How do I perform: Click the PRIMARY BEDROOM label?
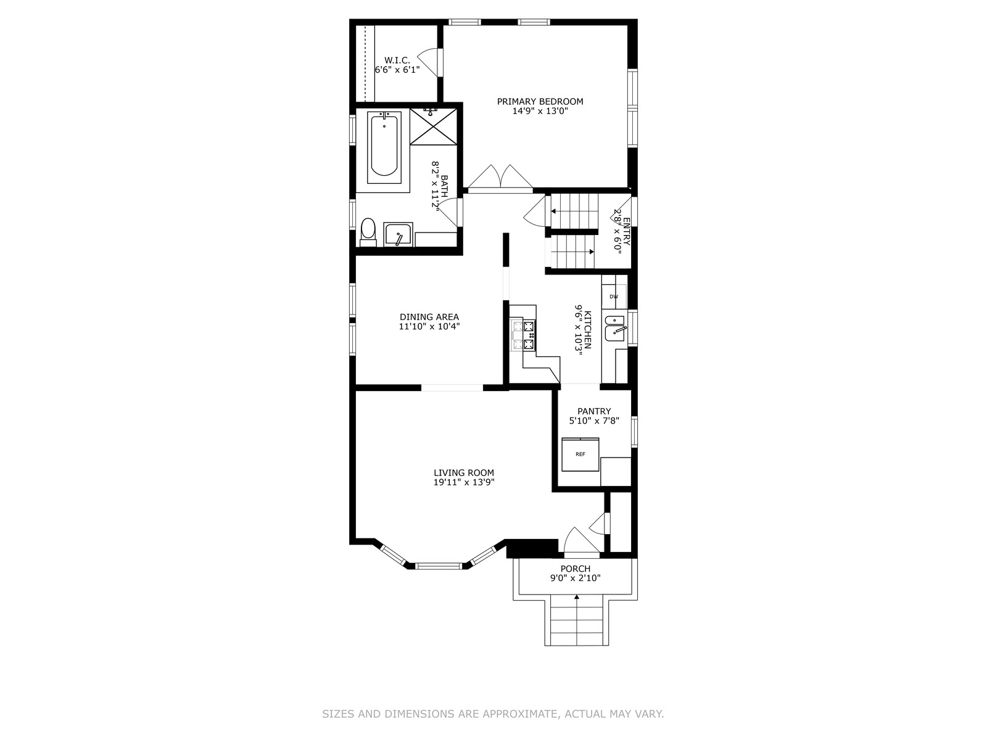coord(540,102)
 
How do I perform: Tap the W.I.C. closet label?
coord(397,60)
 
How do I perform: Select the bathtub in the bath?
coord(384,148)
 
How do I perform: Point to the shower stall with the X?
coord(434,126)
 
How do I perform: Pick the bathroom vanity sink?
coord(398,234)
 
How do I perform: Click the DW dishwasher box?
coord(614,297)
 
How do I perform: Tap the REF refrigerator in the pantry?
coord(580,454)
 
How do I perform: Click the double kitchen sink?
coord(614,328)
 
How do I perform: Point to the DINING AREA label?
coord(429,317)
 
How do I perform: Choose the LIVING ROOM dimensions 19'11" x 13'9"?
coord(464,482)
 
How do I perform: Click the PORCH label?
coord(575,569)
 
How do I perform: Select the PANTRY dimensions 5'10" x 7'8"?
coord(594,421)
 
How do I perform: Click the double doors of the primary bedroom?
coord(500,179)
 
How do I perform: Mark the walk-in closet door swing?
coord(429,62)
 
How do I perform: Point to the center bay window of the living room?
coord(439,565)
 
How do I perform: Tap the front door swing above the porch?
coord(582,541)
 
